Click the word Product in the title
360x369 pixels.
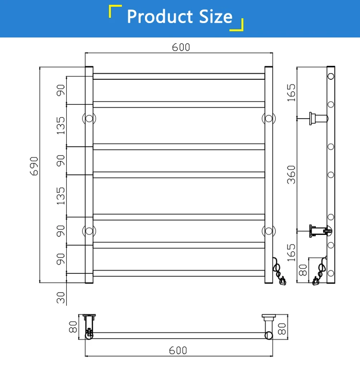point(160,16)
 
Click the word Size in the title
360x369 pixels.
point(216,16)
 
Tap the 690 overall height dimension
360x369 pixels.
point(35,166)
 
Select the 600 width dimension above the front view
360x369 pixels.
point(181,47)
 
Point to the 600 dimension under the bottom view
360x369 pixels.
point(178,350)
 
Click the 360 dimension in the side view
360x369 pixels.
point(291,174)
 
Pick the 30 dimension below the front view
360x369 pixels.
point(60,297)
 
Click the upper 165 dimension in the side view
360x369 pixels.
point(291,93)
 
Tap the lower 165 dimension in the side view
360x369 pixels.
point(291,253)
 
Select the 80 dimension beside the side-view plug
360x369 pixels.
point(303,270)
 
